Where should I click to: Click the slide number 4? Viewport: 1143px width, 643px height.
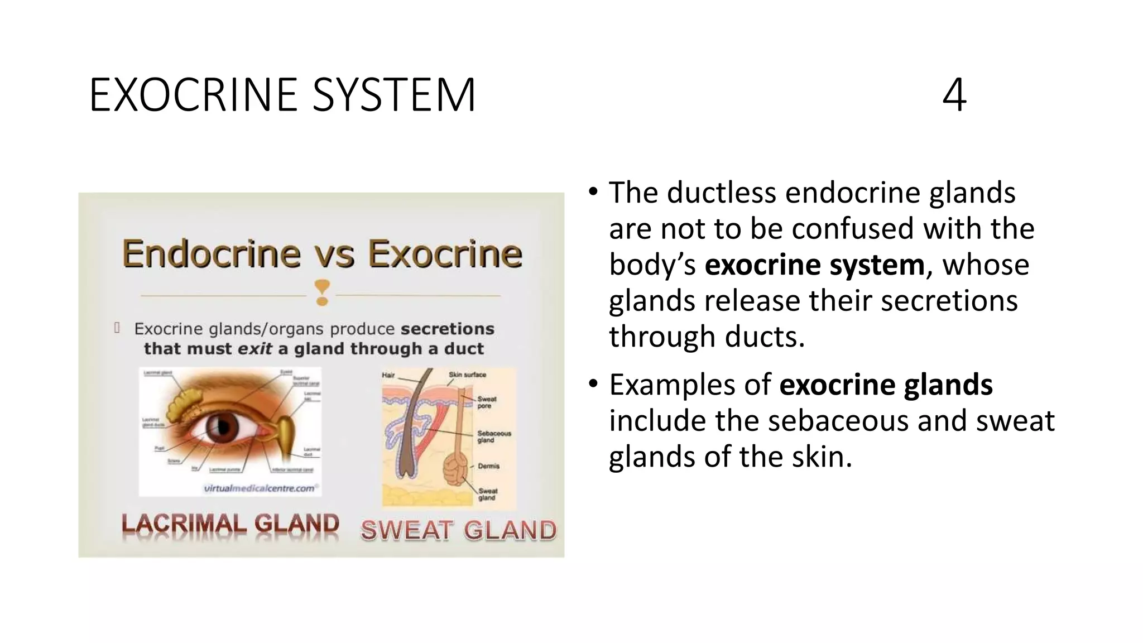[x=954, y=95]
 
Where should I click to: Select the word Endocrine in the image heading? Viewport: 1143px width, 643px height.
[x=212, y=254]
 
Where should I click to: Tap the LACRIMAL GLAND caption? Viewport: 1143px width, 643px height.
[x=230, y=525]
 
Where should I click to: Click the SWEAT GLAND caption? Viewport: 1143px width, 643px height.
[x=458, y=530]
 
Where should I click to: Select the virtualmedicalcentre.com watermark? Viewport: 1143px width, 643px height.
[x=260, y=488]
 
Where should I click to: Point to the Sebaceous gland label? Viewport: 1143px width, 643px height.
[x=493, y=436]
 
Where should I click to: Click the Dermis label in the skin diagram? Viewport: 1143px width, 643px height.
[x=488, y=466]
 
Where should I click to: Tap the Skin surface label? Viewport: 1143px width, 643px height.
[x=467, y=375]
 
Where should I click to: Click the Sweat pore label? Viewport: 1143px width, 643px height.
[x=486, y=402]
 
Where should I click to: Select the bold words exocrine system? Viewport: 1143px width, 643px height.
[x=814, y=265]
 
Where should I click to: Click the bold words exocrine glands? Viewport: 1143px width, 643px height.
[x=886, y=385]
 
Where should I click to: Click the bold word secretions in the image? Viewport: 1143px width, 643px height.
[x=448, y=329]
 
